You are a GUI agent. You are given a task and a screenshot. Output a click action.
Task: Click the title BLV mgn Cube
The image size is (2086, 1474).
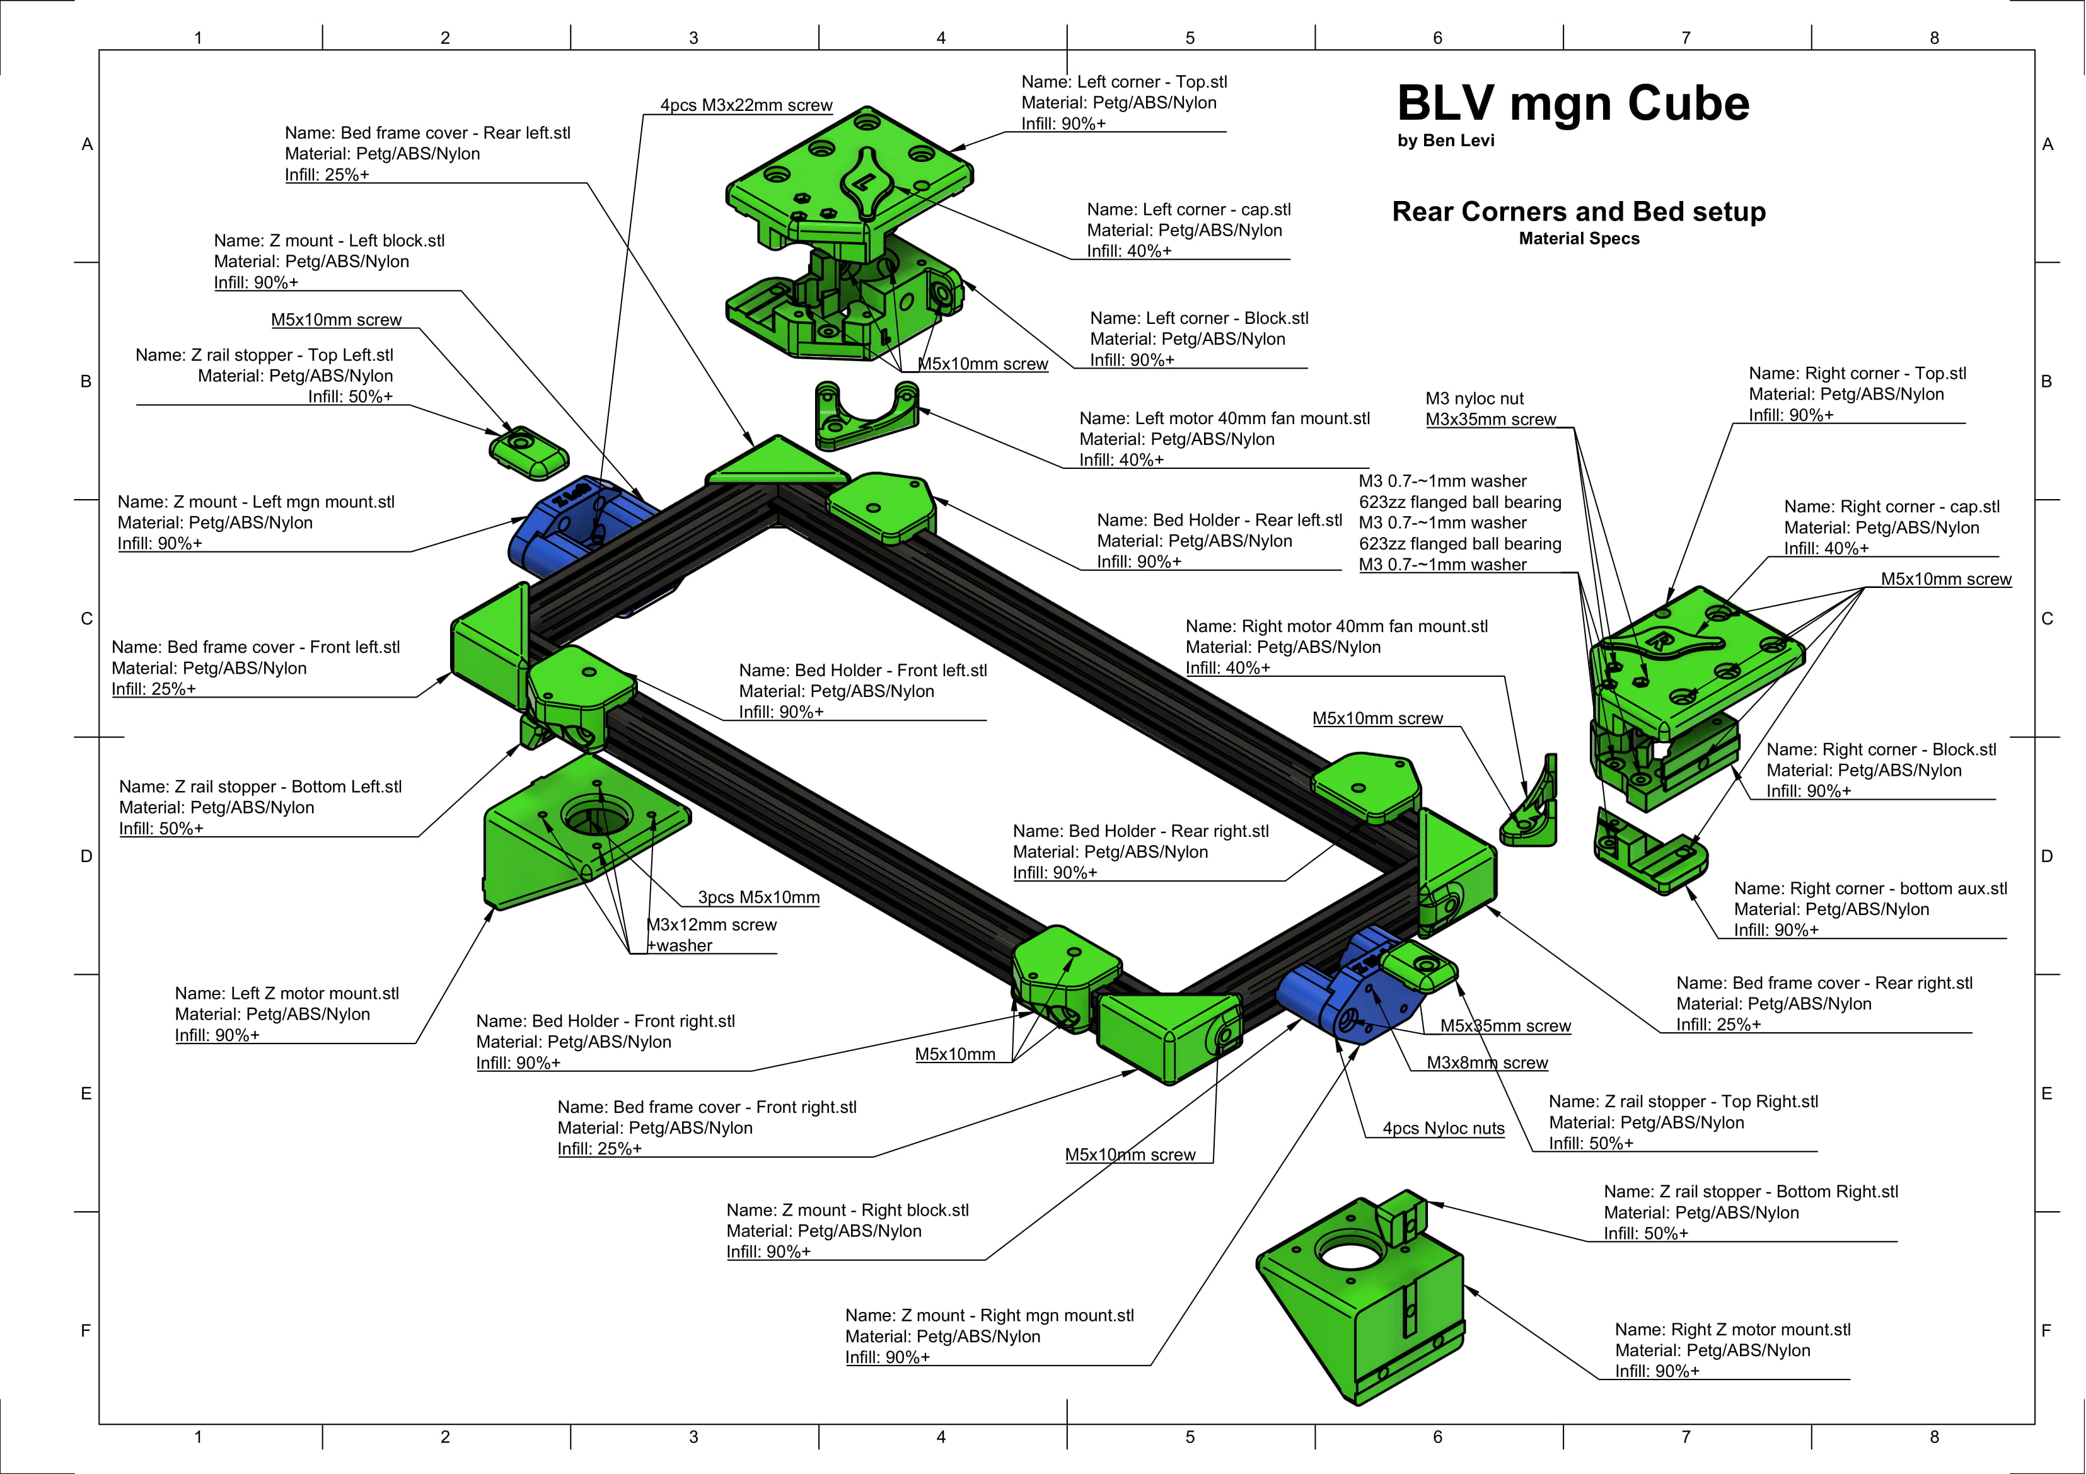pos(1573,103)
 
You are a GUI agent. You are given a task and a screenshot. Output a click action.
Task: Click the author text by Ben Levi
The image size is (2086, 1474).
pos(1446,141)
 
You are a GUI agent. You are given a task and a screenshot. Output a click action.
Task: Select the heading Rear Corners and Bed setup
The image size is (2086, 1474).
pos(1579,212)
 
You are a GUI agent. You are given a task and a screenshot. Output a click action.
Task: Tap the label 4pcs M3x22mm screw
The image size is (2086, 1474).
pos(746,105)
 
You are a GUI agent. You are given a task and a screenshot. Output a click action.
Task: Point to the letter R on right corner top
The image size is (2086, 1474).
pos(1657,642)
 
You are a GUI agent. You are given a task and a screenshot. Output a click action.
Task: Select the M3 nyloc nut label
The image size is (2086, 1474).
pos(1475,399)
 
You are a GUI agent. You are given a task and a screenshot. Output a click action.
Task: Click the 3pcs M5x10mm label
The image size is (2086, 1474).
pos(758,897)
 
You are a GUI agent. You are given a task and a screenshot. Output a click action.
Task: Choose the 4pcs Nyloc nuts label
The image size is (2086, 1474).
pos(1444,1129)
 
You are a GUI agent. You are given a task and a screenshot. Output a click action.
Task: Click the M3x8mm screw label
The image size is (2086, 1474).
pos(1487,1062)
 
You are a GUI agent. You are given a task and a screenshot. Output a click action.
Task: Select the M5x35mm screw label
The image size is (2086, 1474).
pos(1505,1027)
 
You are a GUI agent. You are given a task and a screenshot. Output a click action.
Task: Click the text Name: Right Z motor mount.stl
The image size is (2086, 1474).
pos(1732,1330)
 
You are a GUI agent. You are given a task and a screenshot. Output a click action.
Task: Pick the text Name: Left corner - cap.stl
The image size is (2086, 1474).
pos(1188,210)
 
